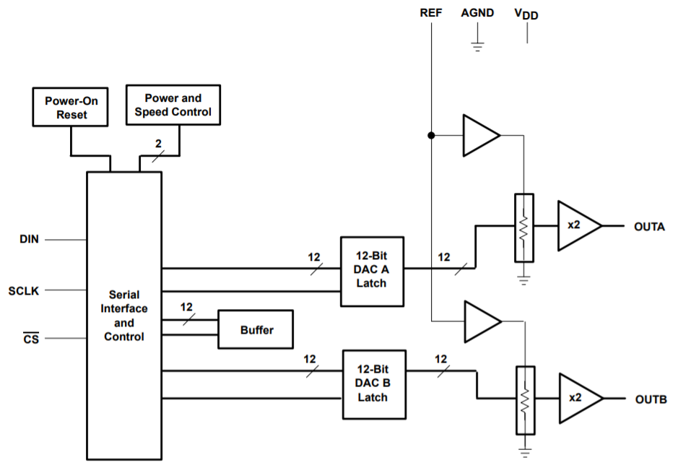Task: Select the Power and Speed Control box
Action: click(173, 105)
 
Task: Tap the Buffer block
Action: click(256, 330)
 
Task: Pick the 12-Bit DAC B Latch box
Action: click(373, 385)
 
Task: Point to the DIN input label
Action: click(29, 239)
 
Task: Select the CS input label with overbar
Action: click(30, 337)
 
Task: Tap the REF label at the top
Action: click(430, 13)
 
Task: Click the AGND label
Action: click(477, 13)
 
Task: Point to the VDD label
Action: click(526, 14)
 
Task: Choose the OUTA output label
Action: click(650, 226)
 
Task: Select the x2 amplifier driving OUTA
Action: click(578, 226)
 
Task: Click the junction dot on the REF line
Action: click(431, 135)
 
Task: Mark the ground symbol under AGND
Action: click(477, 46)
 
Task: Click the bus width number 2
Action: click(158, 143)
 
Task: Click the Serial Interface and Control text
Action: click(124, 316)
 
